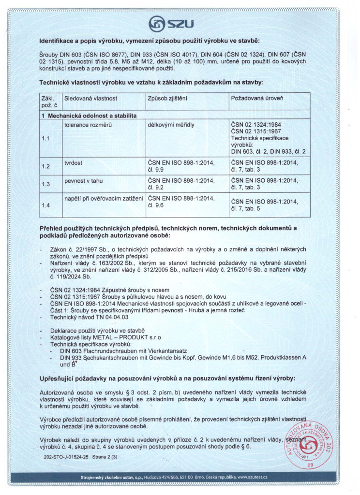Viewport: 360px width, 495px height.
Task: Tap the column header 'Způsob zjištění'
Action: [x=167, y=98]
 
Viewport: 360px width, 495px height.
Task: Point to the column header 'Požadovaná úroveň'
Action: [x=257, y=98]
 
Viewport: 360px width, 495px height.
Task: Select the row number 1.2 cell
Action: [x=45, y=166]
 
